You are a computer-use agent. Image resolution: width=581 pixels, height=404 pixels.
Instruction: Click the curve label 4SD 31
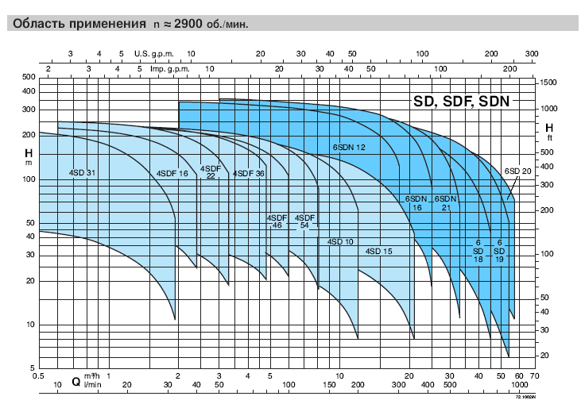click(82, 173)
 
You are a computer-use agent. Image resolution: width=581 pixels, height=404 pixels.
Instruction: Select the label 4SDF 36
click(248, 173)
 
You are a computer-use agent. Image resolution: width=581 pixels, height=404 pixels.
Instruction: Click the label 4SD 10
click(340, 241)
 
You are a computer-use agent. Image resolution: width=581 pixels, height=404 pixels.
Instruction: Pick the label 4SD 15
click(379, 252)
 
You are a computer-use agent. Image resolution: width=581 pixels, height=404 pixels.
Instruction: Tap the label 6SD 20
click(517, 171)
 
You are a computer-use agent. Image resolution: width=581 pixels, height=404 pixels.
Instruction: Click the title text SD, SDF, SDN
click(461, 102)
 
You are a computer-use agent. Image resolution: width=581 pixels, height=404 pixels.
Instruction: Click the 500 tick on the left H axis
click(29, 77)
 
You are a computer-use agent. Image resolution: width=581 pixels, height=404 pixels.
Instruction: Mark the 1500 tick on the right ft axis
click(548, 83)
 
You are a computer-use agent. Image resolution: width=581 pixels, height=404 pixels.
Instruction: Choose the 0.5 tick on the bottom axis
click(37, 375)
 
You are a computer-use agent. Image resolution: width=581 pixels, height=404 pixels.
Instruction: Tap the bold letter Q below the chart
click(76, 380)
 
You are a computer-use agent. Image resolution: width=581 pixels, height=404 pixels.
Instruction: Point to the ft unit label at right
click(548, 137)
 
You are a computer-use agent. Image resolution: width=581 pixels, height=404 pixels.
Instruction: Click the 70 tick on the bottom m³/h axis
click(534, 375)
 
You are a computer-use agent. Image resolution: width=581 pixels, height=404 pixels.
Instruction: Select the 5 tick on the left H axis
click(33, 367)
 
